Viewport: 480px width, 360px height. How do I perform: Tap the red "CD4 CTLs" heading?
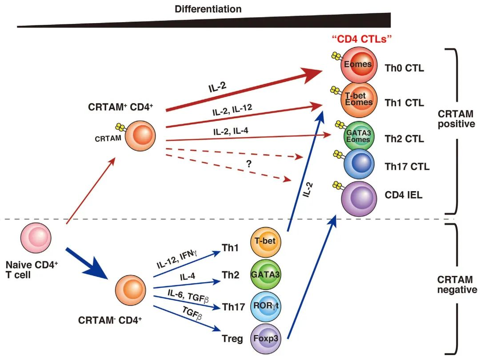click(x=361, y=39)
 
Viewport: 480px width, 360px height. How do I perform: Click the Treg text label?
click(x=232, y=339)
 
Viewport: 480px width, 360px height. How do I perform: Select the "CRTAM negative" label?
click(x=457, y=285)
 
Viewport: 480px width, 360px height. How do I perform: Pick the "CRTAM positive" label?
click(x=457, y=119)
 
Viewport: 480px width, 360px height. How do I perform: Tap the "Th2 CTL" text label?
click(x=404, y=139)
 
